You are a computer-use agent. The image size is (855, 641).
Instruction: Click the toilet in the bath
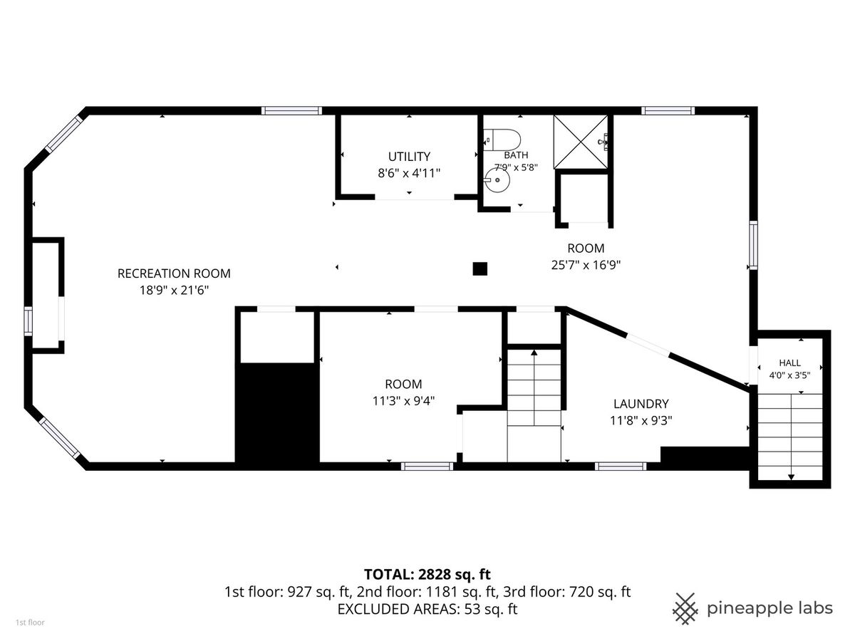[502, 140]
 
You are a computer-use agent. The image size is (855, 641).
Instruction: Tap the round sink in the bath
[497, 180]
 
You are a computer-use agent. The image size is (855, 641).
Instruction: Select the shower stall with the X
[581, 142]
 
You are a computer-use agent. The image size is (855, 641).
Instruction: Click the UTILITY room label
[409, 157]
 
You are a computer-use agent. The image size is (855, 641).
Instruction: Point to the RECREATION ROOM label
[174, 273]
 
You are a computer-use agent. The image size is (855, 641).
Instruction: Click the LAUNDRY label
[641, 404]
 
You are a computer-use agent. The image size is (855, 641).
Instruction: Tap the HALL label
[789, 363]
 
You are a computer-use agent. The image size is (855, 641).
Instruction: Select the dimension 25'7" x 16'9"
[586, 265]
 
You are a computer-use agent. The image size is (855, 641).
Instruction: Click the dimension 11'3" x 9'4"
[403, 401]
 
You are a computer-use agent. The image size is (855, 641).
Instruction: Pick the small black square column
[480, 269]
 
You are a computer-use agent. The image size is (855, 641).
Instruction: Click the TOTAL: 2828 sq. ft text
[427, 574]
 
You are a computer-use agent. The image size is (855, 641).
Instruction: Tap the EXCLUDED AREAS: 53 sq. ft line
[427, 609]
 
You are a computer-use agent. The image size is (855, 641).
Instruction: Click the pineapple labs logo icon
[685, 608]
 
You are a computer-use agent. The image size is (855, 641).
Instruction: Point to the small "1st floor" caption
[30, 622]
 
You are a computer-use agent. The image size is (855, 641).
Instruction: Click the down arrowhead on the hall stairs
[791, 477]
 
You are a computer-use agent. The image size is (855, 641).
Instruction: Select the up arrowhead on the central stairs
[534, 353]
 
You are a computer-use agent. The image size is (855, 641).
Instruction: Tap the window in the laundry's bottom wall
[621, 467]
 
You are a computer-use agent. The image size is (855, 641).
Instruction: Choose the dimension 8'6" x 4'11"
[409, 173]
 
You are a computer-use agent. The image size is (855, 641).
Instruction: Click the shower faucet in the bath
[603, 142]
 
